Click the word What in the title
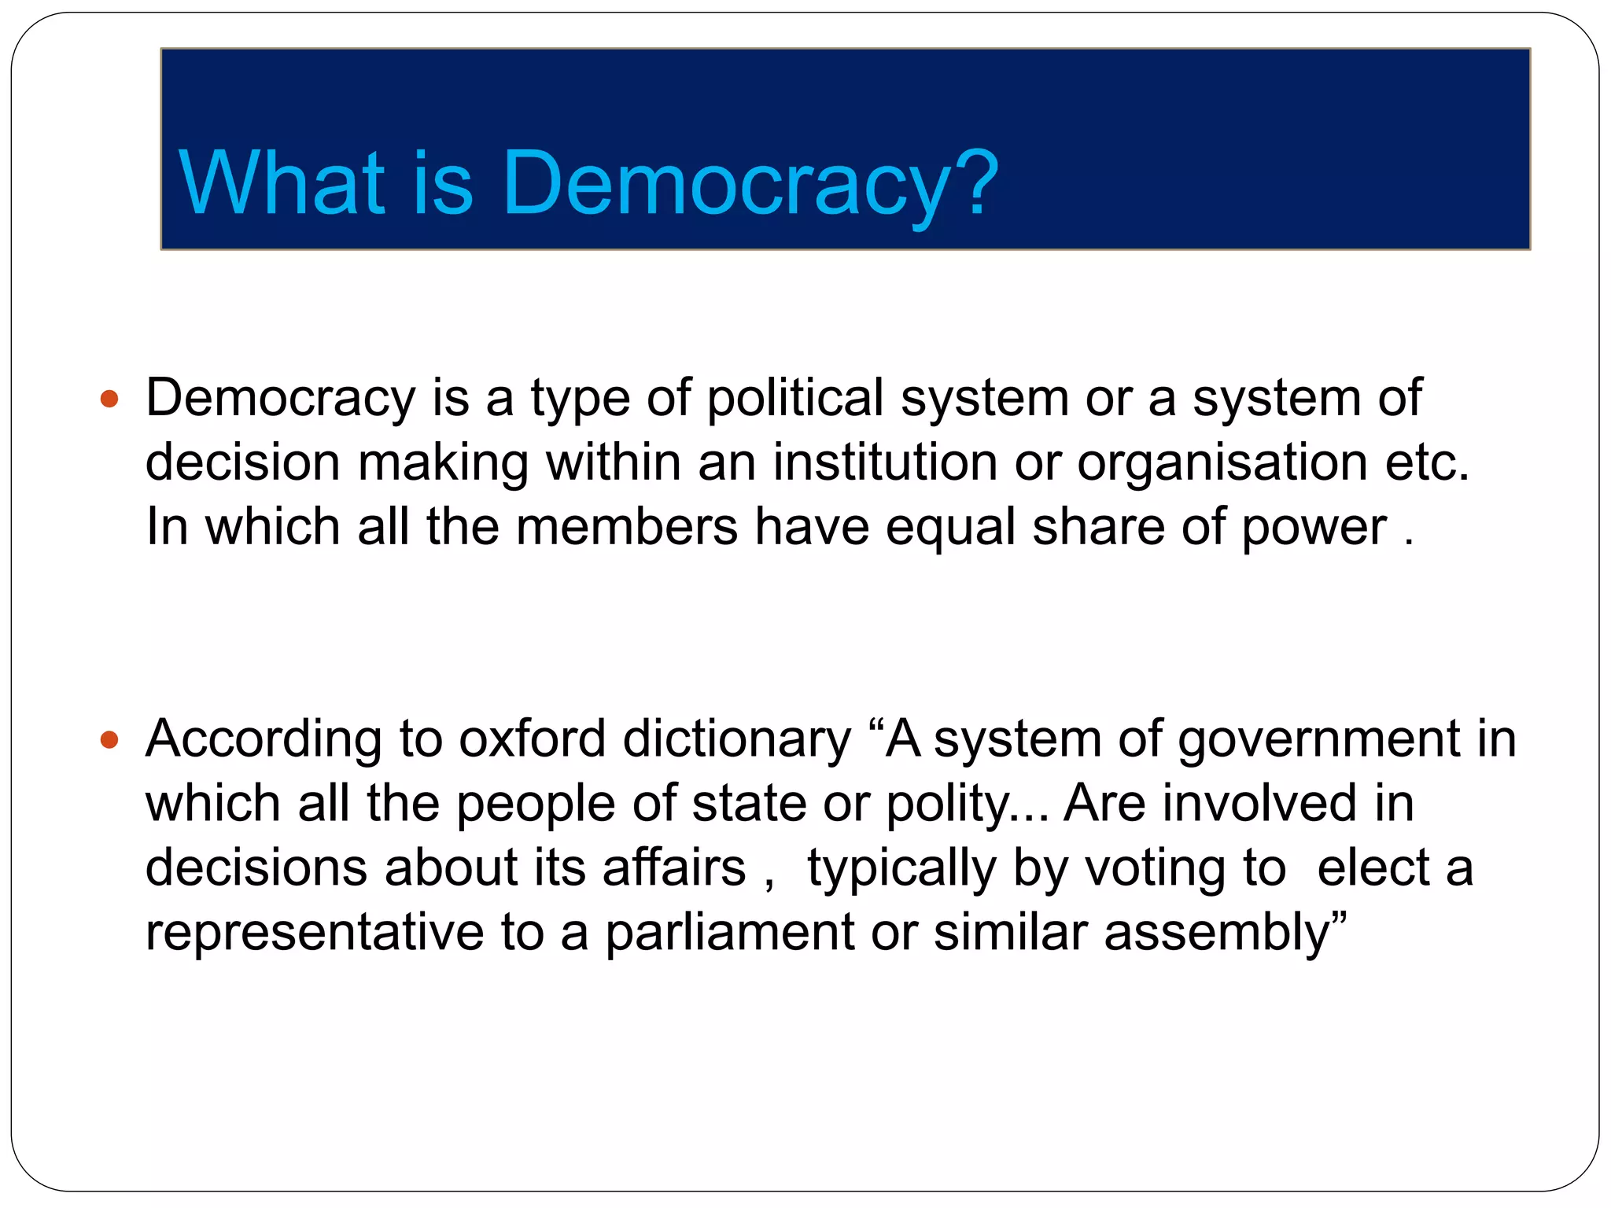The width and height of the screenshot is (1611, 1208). [x=282, y=183]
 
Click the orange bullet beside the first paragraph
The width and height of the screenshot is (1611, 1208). [x=109, y=400]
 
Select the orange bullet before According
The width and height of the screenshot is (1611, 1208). [x=109, y=740]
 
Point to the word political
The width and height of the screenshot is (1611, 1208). [x=794, y=398]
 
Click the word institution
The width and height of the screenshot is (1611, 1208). [x=885, y=462]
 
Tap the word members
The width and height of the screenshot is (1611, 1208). [x=627, y=526]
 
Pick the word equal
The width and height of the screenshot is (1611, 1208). [x=950, y=527]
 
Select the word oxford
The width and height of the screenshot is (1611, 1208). [x=532, y=739]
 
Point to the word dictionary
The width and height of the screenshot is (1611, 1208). [x=737, y=741]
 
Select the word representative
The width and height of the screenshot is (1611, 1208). [x=315, y=933]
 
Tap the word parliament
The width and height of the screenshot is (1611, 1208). [x=729, y=934]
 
